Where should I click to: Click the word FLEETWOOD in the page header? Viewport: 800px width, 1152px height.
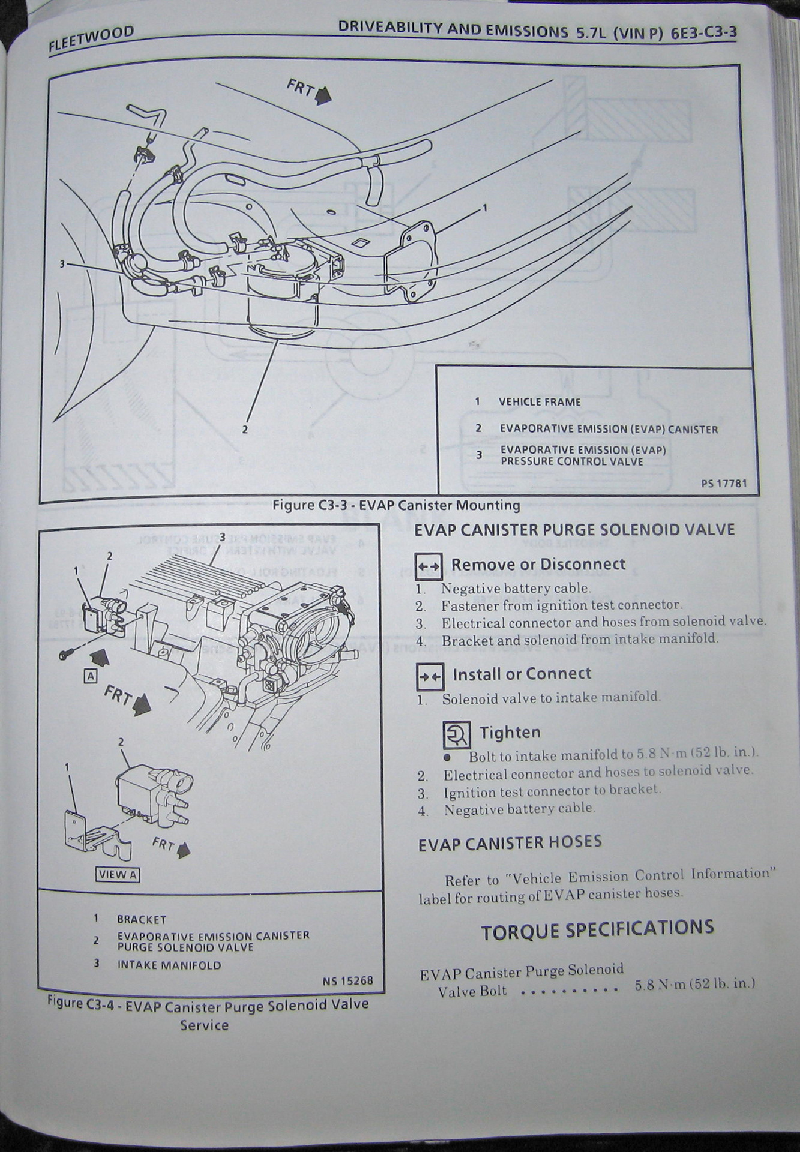[x=91, y=40]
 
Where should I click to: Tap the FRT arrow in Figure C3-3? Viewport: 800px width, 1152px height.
[x=322, y=95]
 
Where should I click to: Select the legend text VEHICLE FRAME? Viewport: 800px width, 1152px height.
[x=540, y=402]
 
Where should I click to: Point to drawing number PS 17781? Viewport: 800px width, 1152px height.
[x=724, y=483]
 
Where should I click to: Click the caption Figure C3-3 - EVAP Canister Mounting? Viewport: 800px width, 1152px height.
[x=396, y=505]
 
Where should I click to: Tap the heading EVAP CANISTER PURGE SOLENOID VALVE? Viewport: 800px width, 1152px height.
[x=574, y=530]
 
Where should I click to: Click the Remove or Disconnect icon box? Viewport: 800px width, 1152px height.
[x=429, y=566]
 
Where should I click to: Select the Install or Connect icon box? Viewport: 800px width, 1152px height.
[x=430, y=676]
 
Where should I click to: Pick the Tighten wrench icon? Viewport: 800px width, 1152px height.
[x=457, y=734]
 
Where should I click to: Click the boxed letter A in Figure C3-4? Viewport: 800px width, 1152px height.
[x=91, y=676]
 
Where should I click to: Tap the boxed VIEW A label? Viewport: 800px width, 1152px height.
[x=118, y=875]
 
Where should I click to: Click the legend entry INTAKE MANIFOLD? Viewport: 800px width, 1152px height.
[x=169, y=965]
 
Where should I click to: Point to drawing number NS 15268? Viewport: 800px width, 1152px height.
[x=347, y=980]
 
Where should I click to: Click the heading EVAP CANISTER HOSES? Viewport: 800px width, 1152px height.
[x=510, y=843]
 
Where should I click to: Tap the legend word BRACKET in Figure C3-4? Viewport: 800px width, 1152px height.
[x=142, y=919]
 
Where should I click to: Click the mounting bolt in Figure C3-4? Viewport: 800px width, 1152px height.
[x=67, y=655]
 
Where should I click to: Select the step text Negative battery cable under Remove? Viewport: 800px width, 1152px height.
[x=516, y=589]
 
